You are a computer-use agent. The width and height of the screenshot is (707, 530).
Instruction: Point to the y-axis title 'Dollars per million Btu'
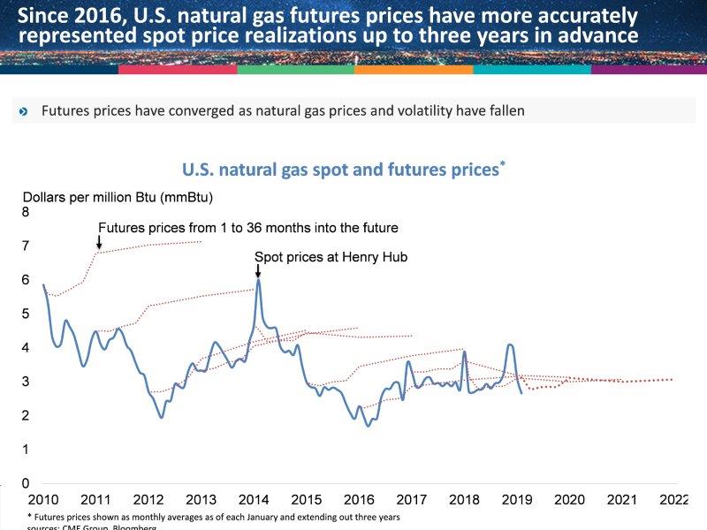[118, 196]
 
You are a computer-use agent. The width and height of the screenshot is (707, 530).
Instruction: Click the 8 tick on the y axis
[26, 212]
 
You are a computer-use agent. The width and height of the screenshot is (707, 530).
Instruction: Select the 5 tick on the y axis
[26, 314]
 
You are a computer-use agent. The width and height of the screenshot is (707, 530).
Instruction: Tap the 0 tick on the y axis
[26, 483]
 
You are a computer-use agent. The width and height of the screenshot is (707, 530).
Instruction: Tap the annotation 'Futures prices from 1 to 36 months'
[247, 227]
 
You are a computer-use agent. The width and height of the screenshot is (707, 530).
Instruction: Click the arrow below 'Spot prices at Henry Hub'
[257, 271]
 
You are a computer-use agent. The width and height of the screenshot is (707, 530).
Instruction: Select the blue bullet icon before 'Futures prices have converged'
[23, 111]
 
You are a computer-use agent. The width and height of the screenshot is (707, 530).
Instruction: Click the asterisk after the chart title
[502, 163]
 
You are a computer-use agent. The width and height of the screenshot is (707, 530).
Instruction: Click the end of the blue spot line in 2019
[521, 392]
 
